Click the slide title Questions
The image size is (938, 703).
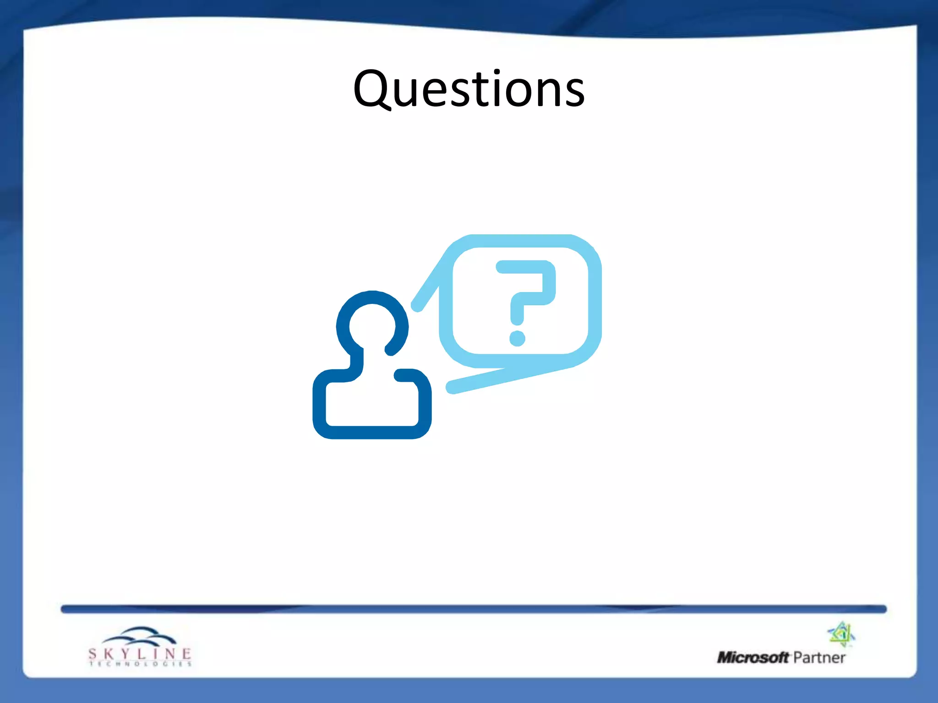pos(469,89)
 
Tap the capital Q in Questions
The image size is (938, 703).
pos(373,88)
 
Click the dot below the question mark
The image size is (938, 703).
pos(518,339)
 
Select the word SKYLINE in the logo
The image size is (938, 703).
pos(140,654)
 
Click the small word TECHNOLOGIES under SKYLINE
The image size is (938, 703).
pos(140,664)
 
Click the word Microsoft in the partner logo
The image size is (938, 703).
pos(753,658)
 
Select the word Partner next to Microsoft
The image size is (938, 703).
pos(819,658)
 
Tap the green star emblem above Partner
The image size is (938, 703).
pos(841,634)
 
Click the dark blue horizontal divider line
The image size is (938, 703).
pos(474,609)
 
